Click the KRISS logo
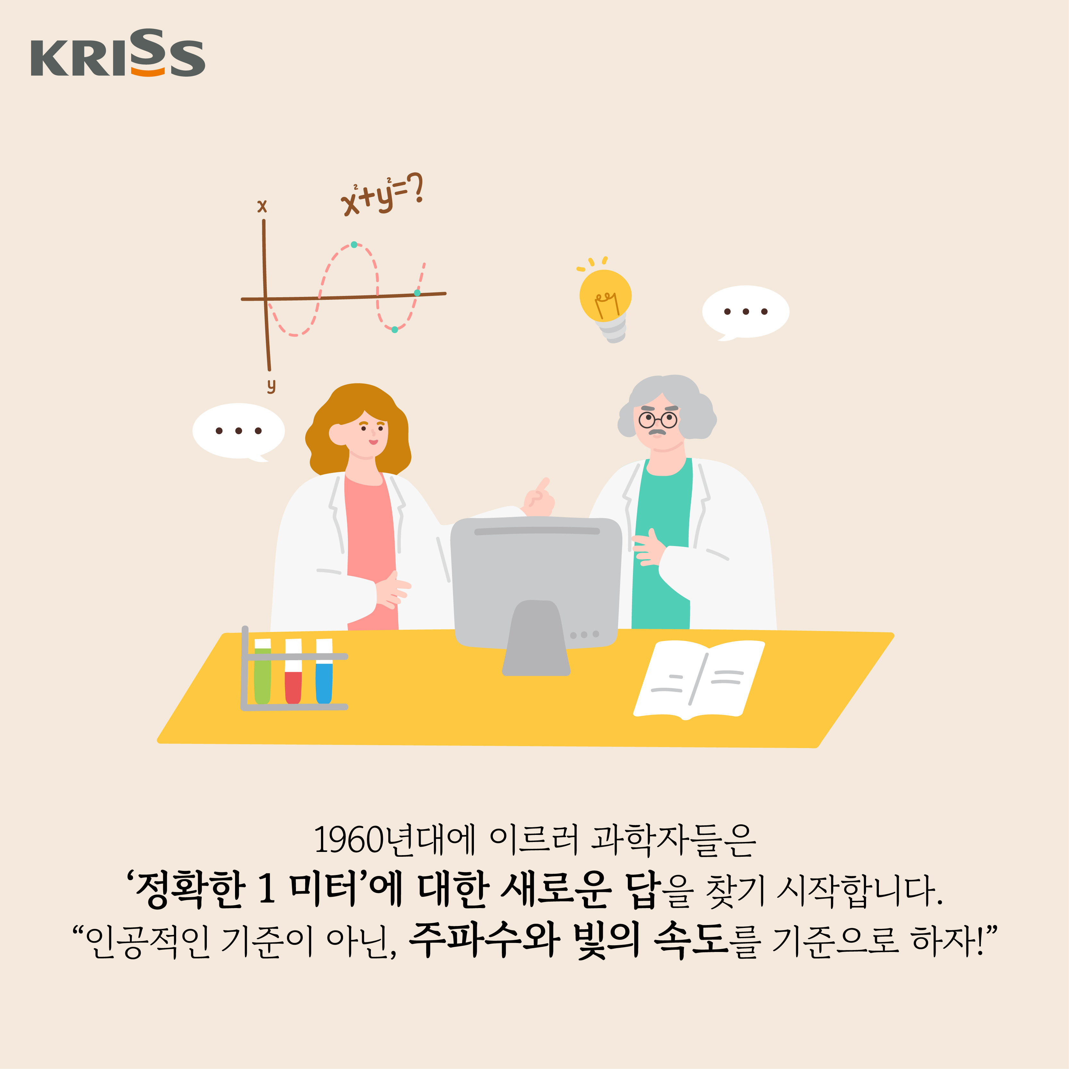point(118,53)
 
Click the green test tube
point(262,671)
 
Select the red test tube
point(293,671)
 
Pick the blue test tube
point(324,671)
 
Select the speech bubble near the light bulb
point(745,312)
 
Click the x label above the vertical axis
point(262,206)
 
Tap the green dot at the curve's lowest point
point(394,330)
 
